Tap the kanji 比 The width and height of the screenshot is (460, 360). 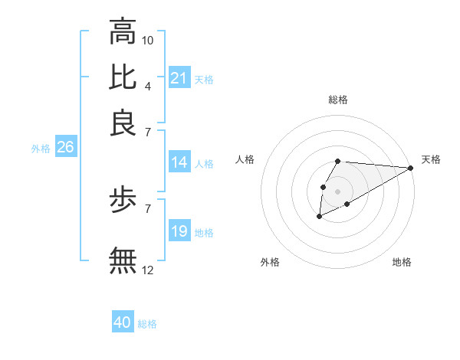[x=123, y=77]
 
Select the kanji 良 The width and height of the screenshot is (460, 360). [x=123, y=123]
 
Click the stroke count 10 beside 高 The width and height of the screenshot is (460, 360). [x=148, y=40]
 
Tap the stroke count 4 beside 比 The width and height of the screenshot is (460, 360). [x=147, y=85]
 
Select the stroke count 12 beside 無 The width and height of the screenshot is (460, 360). [x=148, y=269]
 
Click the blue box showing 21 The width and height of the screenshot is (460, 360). [x=179, y=78]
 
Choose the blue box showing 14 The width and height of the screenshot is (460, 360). [x=179, y=162]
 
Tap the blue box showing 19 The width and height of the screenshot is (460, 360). [x=179, y=231]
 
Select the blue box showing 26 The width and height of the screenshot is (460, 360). [x=65, y=148]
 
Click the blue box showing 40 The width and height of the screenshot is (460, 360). [x=123, y=322]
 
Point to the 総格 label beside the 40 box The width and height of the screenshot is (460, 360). [x=147, y=324]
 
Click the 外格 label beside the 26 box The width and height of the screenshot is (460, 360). [x=40, y=149]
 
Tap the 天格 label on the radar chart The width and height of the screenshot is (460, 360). [x=431, y=159]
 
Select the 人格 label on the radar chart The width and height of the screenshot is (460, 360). [x=245, y=159]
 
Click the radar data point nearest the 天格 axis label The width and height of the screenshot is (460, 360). [x=410, y=168]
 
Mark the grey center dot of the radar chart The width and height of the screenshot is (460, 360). [x=337, y=190]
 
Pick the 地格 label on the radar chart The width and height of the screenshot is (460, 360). [x=402, y=262]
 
